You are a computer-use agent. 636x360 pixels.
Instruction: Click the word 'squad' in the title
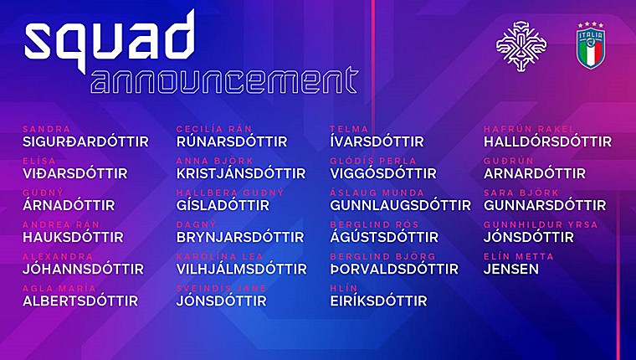click(x=110, y=40)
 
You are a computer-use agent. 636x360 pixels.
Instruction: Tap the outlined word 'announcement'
click(x=225, y=80)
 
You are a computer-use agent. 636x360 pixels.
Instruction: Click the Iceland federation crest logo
click(x=521, y=46)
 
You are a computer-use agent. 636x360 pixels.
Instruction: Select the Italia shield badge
click(x=591, y=45)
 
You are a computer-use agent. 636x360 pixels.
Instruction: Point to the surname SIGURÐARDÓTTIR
click(x=85, y=141)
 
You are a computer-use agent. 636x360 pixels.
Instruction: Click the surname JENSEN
click(x=511, y=269)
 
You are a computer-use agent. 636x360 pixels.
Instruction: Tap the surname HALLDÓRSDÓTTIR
click(x=547, y=141)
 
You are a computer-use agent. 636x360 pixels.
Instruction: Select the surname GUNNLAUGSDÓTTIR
click(x=400, y=205)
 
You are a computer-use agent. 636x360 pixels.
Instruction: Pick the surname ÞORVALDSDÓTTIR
click(x=394, y=269)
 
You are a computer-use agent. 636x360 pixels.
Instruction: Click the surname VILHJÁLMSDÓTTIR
click(x=241, y=269)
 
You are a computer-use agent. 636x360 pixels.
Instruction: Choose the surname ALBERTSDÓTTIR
click(x=80, y=301)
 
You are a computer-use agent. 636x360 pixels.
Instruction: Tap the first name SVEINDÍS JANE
click(x=221, y=288)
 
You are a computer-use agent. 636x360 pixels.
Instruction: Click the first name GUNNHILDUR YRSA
click(x=541, y=224)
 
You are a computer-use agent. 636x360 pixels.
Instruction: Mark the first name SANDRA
click(x=46, y=129)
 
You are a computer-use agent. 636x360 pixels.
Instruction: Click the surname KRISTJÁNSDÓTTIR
click(x=241, y=173)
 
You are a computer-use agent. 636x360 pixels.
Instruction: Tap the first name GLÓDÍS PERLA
click(x=372, y=161)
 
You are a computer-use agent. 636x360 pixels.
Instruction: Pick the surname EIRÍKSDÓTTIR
click(x=378, y=301)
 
